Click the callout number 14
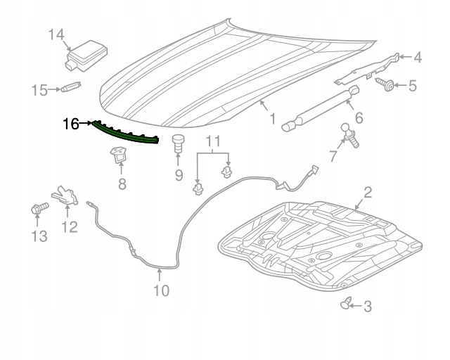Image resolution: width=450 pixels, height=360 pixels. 56,34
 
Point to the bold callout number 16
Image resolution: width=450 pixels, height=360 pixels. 72,124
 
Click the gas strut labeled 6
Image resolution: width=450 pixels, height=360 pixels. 321,108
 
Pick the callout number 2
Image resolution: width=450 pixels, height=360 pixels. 368,191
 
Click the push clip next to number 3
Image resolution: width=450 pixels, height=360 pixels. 347,304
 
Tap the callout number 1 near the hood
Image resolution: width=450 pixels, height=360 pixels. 271,120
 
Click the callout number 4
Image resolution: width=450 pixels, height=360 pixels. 417,58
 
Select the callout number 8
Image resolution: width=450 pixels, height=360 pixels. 121,185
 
